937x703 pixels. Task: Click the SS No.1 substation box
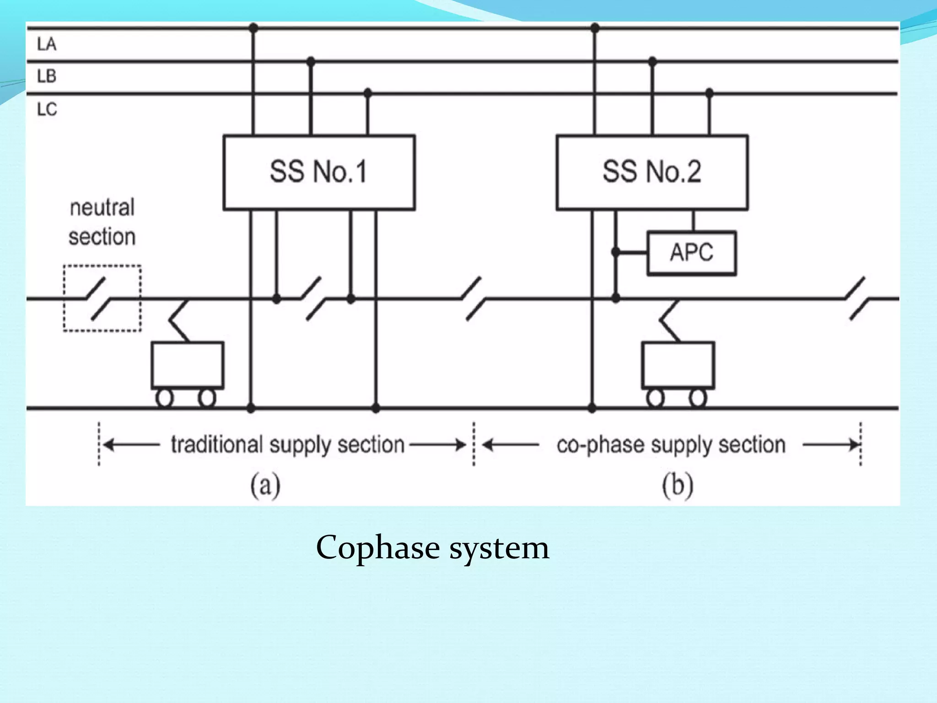(319, 172)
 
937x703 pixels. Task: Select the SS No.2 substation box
(652, 172)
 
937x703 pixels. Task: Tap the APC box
(691, 253)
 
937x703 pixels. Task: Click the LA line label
(47, 44)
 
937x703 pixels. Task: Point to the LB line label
(47, 76)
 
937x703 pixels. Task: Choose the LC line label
(47, 109)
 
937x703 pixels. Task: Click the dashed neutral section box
(102, 298)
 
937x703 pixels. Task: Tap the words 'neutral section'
(102, 222)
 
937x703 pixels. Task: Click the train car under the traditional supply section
(188, 365)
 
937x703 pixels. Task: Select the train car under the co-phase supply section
(678, 365)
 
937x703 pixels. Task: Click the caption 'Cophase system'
(432, 547)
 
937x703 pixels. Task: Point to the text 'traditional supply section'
(288, 445)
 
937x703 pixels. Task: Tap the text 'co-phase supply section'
(671, 445)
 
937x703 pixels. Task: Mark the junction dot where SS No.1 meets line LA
(253, 28)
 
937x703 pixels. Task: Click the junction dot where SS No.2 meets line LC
(709, 93)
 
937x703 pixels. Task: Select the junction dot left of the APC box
(616, 252)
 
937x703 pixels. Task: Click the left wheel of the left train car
(165, 398)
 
